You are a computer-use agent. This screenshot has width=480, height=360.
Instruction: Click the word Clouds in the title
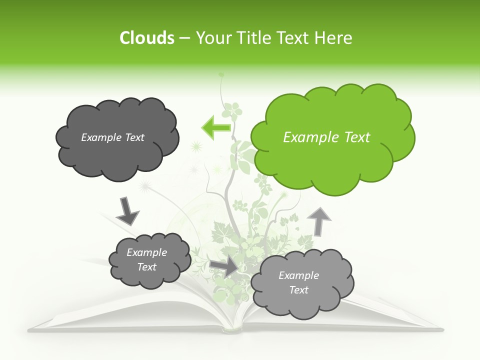pyautogui.click(x=146, y=38)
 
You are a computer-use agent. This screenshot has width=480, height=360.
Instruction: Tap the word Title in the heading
pyautogui.click(x=253, y=38)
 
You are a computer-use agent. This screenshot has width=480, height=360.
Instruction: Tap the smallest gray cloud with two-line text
pyautogui.click(x=149, y=260)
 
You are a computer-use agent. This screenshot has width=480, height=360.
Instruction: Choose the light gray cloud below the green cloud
pyautogui.click(x=299, y=283)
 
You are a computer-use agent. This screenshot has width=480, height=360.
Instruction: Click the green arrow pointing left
pyautogui.click(x=216, y=127)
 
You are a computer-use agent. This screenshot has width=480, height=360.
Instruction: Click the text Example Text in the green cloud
pyautogui.click(x=326, y=137)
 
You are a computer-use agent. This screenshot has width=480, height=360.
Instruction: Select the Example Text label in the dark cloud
pyautogui.click(x=112, y=137)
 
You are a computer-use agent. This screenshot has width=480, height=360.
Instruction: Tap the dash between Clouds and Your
pyautogui.click(x=184, y=38)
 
